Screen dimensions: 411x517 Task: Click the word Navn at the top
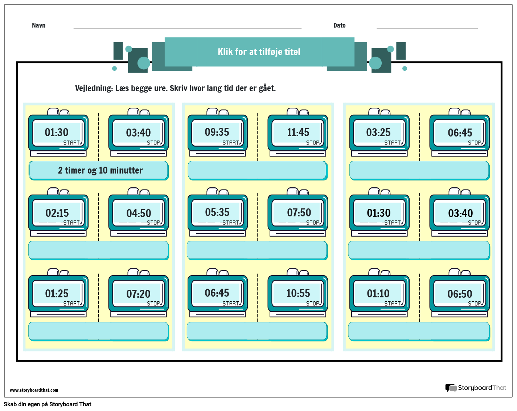(x=39, y=25)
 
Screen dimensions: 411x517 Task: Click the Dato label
(x=339, y=25)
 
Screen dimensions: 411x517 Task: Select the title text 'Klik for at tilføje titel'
(x=259, y=52)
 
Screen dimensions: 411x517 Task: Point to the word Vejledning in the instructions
(x=94, y=88)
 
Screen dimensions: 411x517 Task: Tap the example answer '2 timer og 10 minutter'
(x=100, y=170)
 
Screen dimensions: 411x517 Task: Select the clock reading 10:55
(x=298, y=294)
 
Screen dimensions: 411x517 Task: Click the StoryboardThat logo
(x=476, y=388)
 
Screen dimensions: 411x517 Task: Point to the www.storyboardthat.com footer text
(x=34, y=390)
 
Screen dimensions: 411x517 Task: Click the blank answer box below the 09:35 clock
(x=257, y=170)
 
